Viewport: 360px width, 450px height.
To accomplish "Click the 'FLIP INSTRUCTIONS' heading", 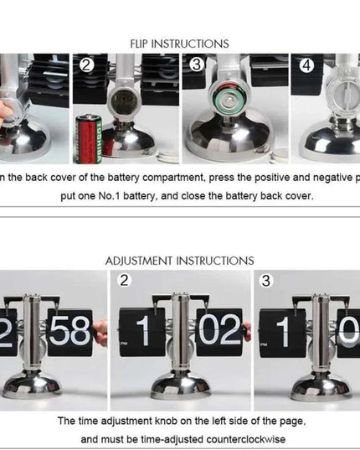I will pos(179,43).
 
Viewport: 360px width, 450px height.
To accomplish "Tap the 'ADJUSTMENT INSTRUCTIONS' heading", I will pos(179,261).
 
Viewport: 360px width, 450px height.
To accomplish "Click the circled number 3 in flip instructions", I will pos(196,65).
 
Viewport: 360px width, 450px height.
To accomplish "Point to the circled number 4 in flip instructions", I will pos(306,65).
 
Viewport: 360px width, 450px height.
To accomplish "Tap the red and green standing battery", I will pos(88,137).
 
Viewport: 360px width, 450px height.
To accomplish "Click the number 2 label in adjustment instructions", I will pos(125,281).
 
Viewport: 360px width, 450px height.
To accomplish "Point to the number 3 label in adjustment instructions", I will pos(265,281).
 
